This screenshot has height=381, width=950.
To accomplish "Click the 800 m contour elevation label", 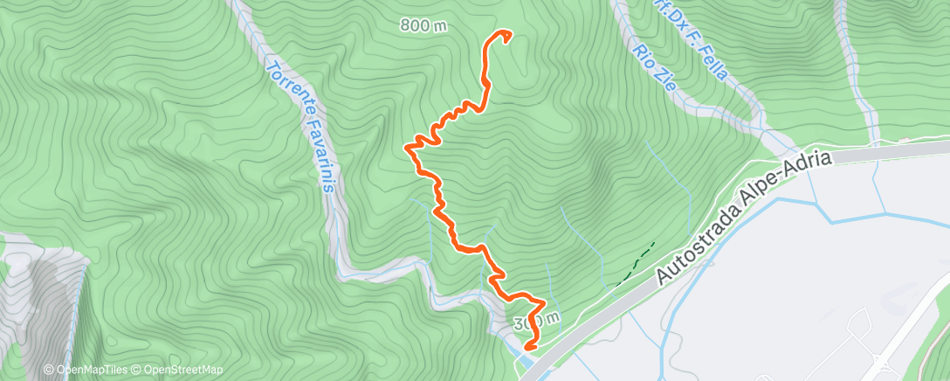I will [423, 26].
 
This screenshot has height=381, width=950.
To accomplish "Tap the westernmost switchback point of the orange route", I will [407, 148].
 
